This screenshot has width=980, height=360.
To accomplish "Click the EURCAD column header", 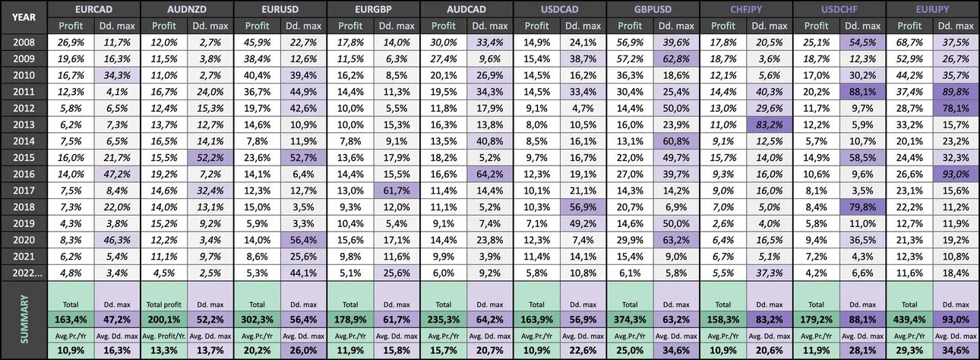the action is click(93, 9).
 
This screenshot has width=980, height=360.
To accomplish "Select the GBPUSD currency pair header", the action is click(653, 9).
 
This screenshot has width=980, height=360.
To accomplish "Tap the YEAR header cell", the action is click(24, 17).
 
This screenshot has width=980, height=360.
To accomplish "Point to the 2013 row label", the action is click(24, 125).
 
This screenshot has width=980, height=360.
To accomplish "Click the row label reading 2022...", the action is click(27, 273).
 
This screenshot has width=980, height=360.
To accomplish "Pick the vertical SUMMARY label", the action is click(24, 319).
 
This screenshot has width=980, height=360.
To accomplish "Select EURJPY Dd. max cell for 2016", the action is click(956, 174).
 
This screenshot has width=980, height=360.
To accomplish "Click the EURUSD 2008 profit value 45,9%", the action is click(257, 43).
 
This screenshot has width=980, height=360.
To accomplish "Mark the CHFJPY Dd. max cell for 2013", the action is click(769, 125).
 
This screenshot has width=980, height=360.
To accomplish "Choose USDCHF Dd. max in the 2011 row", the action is click(862, 92).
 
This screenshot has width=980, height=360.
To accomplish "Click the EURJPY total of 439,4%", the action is click(909, 320).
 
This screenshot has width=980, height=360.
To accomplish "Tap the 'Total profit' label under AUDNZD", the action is click(163, 305).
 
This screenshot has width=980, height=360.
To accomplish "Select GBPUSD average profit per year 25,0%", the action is click(630, 350).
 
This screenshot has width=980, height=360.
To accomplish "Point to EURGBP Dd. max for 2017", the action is click(397, 191).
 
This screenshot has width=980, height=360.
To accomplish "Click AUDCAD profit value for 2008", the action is click(443, 43).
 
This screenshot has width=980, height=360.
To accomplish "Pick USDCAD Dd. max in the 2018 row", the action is click(583, 207).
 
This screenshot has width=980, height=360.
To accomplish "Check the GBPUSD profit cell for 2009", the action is click(630, 59).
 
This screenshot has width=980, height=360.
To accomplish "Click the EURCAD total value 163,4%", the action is click(71, 320).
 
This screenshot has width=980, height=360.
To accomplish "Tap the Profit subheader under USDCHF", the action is click(816, 26).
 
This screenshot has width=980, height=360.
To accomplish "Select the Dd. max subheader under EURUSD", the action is click(303, 26).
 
